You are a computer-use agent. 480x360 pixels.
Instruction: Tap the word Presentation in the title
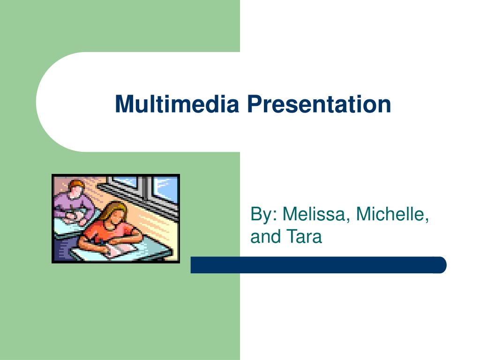point(319,104)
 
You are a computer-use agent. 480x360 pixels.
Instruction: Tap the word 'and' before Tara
point(265,236)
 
